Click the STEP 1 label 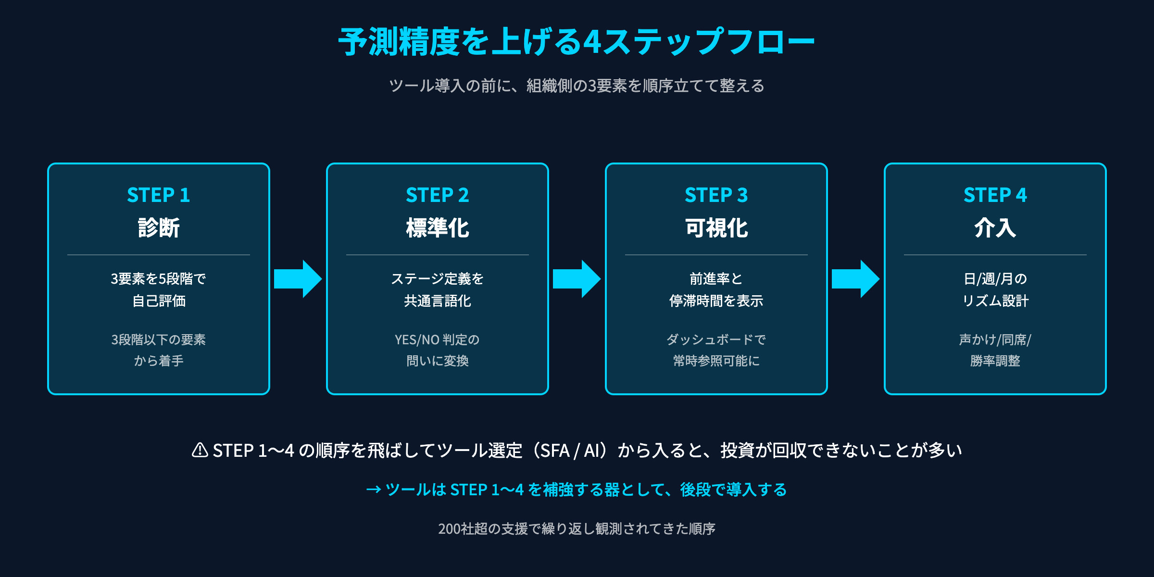(x=158, y=195)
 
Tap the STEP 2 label (x=437, y=195)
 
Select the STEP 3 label (x=716, y=195)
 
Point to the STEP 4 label (x=995, y=195)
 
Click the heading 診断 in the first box (x=158, y=228)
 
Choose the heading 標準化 (x=437, y=228)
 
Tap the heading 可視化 (x=716, y=228)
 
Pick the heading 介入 (x=995, y=228)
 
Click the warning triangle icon (x=200, y=451)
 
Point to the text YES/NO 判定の (x=437, y=340)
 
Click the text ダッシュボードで (x=716, y=340)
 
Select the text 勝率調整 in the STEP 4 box (x=995, y=361)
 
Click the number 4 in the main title (x=592, y=42)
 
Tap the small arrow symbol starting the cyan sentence (x=374, y=490)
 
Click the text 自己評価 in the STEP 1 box (x=159, y=301)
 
